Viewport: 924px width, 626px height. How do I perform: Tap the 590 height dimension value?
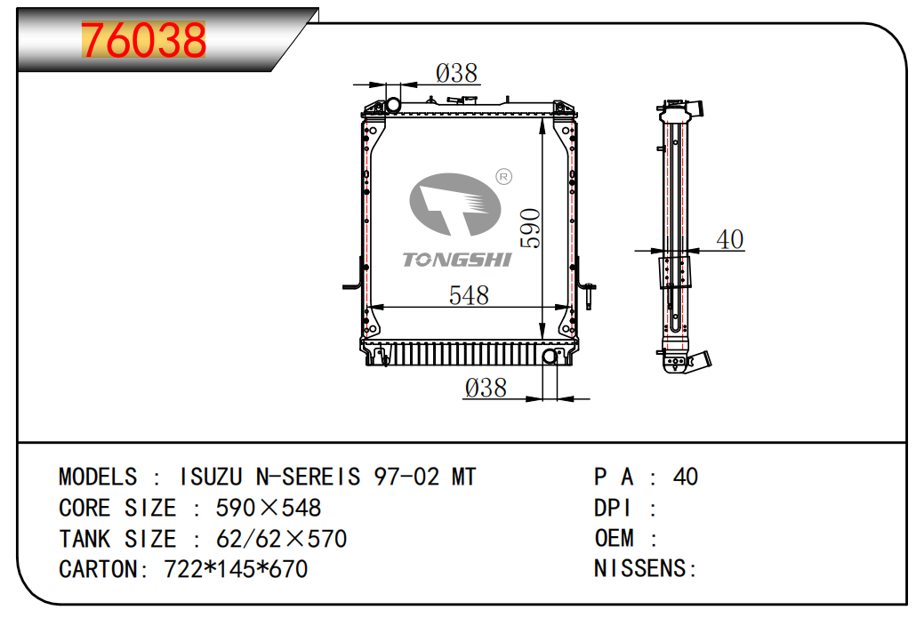(529, 229)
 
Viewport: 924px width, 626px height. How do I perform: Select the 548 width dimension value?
(468, 295)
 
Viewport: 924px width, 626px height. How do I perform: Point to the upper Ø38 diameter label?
(457, 73)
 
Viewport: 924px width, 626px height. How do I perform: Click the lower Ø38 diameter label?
(486, 388)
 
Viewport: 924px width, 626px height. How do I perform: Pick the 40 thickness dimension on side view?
(729, 239)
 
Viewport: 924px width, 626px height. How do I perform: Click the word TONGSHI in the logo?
(456, 259)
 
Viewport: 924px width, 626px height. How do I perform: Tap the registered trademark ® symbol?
(503, 177)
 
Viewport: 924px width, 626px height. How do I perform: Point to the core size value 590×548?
(269, 509)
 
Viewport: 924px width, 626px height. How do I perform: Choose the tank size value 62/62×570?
(281, 539)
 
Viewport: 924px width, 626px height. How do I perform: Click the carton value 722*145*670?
(236, 569)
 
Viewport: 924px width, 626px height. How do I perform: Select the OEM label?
(615, 539)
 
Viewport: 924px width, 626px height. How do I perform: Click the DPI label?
(613, 509)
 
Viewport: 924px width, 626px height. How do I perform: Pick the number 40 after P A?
(686, 478)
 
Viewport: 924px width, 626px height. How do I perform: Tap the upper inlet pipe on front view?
(390, 103)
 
